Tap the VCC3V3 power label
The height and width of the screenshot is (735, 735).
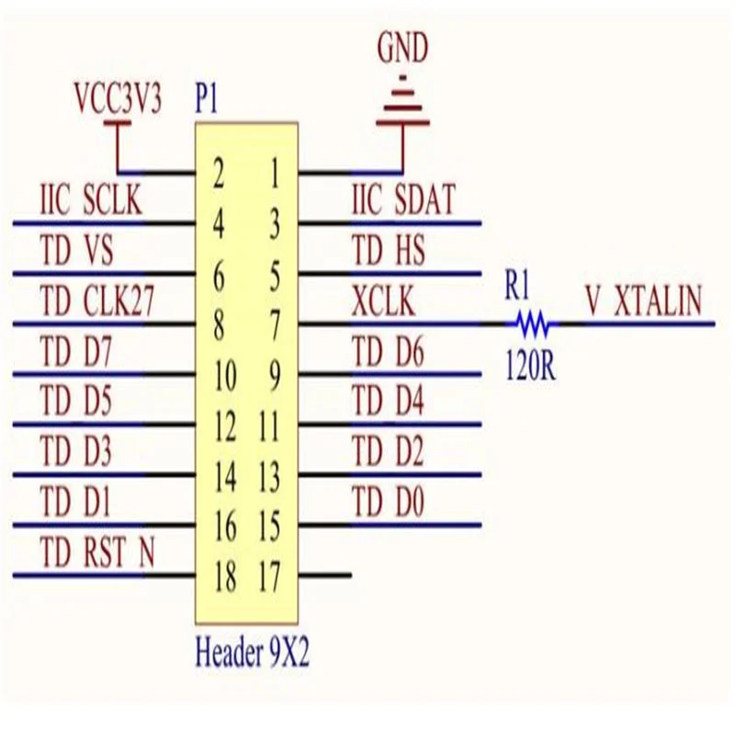(x=118, y=99)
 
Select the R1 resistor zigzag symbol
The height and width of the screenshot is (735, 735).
(x=532, y=323)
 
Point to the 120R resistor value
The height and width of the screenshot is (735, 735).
(x=531, y=366)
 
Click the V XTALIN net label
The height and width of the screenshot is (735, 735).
(x=644, y=300)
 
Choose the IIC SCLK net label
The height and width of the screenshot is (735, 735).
(x=91, y=200)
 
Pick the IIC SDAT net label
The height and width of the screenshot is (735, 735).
(x=403, y=199)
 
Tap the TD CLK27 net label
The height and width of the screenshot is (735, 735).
(x=97, y=300)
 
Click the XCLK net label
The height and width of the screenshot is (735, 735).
(x=383, y=300)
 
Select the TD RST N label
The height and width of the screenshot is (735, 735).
(x=97, y=551)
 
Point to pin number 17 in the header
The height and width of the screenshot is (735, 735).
(x=269, y=577)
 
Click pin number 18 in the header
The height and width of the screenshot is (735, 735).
(x=225, y=577)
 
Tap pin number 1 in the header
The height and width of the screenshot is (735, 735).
(x=275, y=174)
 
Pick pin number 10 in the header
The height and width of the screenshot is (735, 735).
(x=225, y=376)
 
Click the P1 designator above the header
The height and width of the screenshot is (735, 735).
(x=206, y=99)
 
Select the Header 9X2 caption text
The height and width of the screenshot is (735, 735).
(x=252, y=651)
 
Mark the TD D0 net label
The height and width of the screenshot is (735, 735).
(x=388, y=501)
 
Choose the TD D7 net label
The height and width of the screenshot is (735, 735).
(x=76, y=351)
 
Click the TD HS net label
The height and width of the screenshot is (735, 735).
(x=389, y=250)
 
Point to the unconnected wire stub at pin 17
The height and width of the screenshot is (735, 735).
(x=325, y=575)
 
